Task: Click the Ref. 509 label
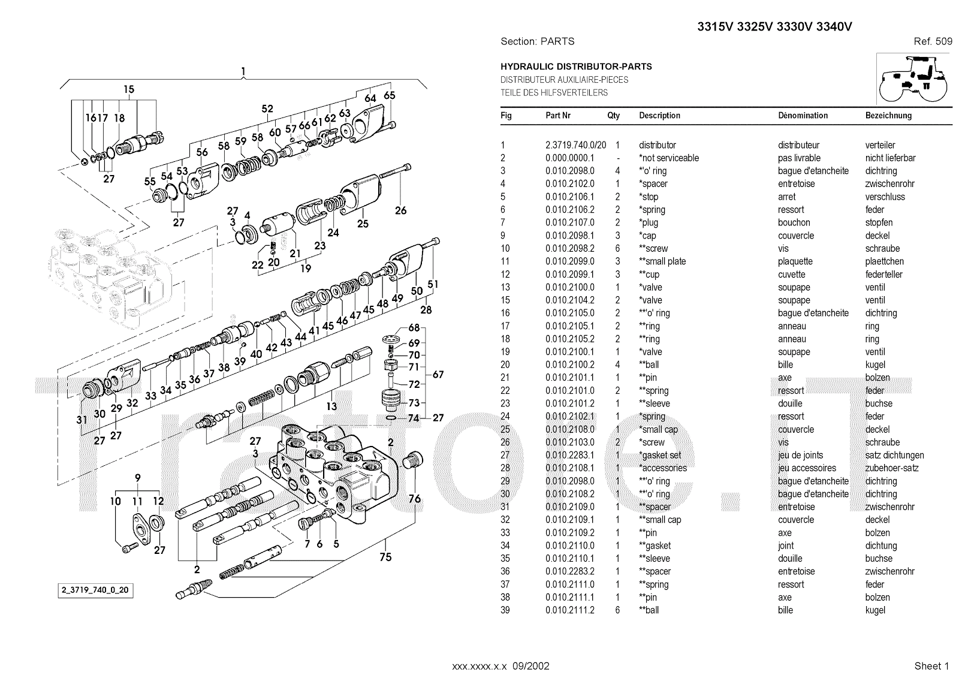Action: pos(933,41)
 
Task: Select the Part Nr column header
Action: pos(557,115)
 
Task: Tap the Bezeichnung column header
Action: pos(888,115)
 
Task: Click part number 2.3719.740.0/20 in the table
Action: pos(575,145)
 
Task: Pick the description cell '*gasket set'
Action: pos(659,455)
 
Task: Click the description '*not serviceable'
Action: pos(668,158)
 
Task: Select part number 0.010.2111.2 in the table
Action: pos(569,610)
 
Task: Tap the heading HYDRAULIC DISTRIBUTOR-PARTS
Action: pos(576,67)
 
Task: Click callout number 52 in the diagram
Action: pos(267,109)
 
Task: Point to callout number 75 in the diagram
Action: pos(385,557)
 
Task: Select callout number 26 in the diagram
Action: pos(400,210)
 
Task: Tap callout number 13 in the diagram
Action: pos(331,406)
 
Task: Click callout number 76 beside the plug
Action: pos(414,499)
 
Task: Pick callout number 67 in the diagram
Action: pos(438,375)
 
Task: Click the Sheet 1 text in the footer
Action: pos(931,666)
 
